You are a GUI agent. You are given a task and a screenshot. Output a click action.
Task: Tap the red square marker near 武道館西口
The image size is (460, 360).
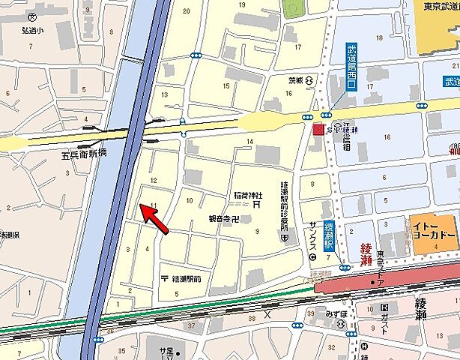318,130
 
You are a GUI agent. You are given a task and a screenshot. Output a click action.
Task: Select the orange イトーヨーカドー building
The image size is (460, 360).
434,228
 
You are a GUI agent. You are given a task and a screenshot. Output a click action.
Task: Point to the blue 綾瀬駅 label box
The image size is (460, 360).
328,236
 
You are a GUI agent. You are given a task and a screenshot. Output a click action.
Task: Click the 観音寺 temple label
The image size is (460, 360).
223,219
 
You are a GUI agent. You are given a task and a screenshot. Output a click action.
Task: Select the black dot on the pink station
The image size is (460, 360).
372,282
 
